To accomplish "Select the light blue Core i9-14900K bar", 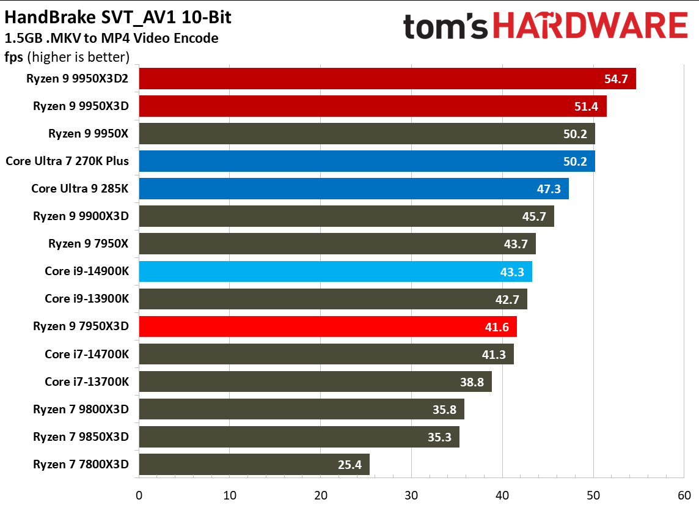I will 335,271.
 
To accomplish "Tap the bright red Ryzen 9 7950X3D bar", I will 328,326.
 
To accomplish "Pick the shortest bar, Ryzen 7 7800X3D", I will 254,465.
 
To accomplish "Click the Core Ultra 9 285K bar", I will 354,189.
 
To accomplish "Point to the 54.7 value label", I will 615,79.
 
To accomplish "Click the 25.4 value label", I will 349,465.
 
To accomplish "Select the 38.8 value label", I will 472,383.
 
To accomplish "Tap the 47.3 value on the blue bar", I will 549,190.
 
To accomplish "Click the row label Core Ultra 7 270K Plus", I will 67,161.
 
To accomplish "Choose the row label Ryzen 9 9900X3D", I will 81,216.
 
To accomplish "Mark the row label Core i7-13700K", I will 87,382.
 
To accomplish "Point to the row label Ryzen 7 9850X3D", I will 81,437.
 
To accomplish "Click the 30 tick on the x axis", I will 411,495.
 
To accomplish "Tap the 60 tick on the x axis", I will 684,495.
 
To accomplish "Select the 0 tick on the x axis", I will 139,495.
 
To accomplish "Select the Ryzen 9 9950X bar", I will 367,134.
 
